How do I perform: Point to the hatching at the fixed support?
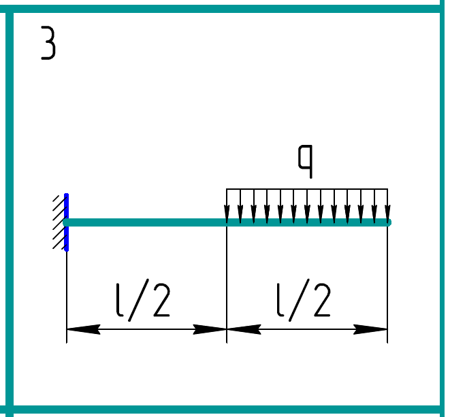tap(59, 222)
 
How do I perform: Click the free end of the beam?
tap(387, 222)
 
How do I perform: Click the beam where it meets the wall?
tap(68, 222)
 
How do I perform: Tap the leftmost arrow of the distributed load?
tap(227, 205)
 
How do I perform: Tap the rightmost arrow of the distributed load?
tap(387, 205)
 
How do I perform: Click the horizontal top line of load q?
tap(306, 188)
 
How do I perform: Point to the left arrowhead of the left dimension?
tap(82, 329)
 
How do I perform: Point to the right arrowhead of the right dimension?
tap(372, 329)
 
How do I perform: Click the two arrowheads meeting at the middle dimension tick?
tap(227, 329)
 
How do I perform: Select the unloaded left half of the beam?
tap(146, 222)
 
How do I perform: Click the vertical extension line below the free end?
tap(387, 286)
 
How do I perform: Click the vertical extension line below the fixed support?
tap(67, 293)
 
